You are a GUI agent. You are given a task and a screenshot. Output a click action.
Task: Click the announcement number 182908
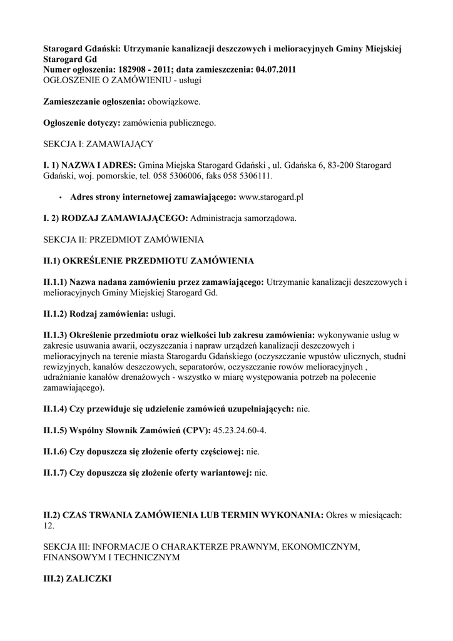click(138, 69)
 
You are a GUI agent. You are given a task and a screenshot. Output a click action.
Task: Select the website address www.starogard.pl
click(271, 197)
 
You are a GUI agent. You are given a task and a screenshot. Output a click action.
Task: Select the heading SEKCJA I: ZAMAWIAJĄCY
click(98, 144)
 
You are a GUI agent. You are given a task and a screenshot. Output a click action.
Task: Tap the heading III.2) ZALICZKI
click(77, 579)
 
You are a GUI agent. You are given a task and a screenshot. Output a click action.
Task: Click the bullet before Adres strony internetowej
click(59, 197)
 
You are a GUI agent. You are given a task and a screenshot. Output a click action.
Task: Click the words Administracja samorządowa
click(243, 218)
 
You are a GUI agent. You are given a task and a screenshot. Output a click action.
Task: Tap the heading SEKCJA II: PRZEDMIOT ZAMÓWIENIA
click(123, 239)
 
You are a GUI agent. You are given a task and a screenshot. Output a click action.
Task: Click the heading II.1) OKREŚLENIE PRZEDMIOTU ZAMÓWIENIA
click(148, 260)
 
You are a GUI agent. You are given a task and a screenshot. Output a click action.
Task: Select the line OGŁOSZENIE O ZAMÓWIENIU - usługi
click(121, 80)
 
